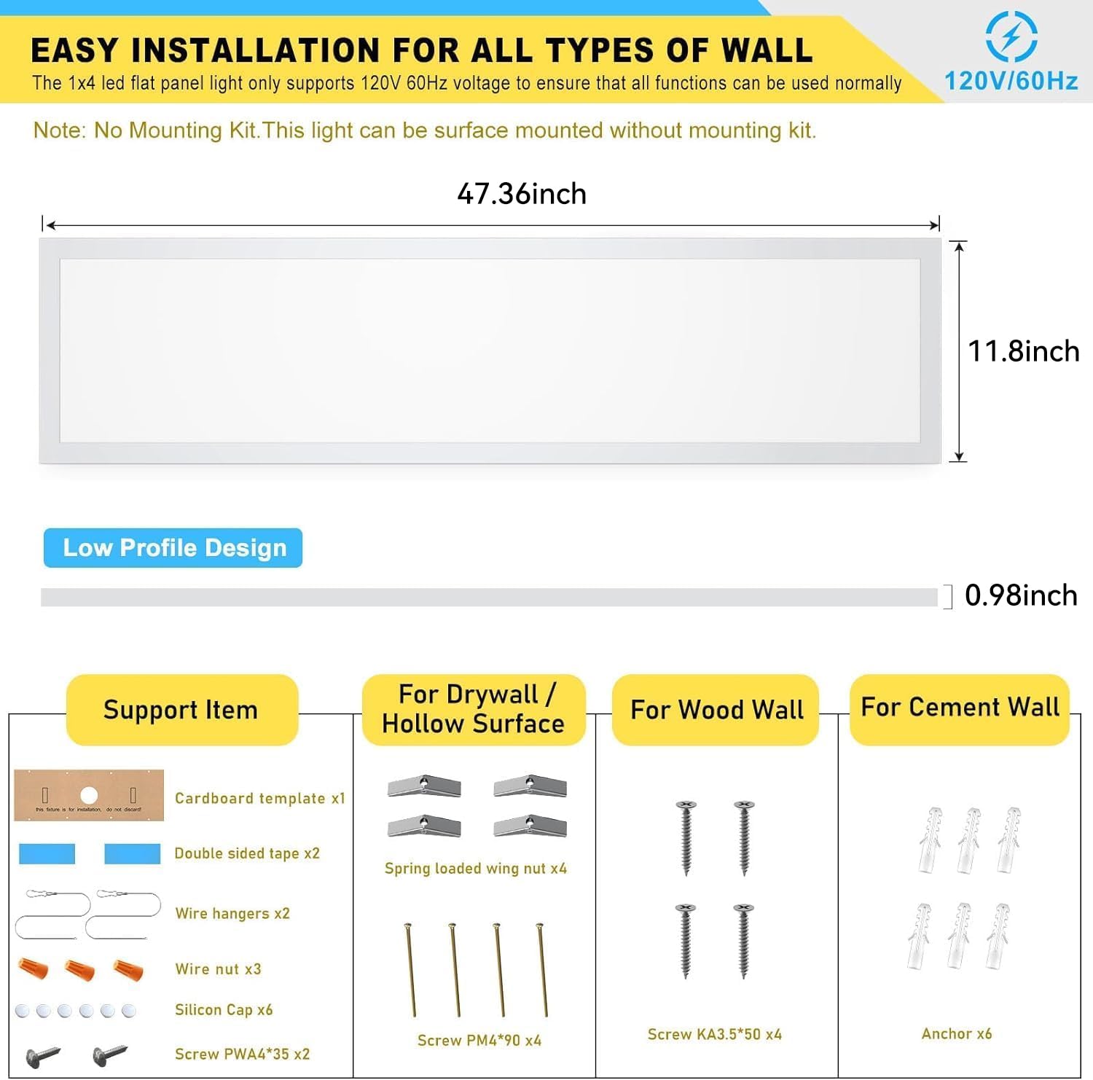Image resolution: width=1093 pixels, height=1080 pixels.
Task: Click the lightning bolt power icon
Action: pos(1011,36)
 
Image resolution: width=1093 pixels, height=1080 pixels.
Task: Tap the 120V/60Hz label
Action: pos(1011,81)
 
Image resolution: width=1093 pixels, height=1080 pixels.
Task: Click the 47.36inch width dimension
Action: pos(522,194)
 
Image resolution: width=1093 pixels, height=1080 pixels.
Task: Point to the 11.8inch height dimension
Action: pos(1023,351)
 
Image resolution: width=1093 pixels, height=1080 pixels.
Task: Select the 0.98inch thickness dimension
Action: pos(1020,595)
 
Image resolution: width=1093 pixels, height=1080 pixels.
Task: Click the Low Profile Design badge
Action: pos(173,548)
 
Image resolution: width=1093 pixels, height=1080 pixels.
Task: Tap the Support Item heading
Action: pos(181,710)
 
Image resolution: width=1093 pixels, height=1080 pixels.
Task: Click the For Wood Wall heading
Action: pos(716,710)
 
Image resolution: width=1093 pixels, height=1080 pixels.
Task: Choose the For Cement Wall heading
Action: pos(960,708)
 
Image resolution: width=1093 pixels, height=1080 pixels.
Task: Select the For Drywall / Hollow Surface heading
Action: pos(474,709)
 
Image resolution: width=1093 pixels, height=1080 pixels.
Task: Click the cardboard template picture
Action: pos(89,795)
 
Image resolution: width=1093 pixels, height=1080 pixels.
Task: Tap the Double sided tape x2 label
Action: pos(247,853)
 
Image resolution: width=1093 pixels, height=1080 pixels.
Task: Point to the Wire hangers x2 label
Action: pos(232,913)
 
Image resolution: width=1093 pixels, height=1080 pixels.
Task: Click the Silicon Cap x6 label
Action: pos(224,1009)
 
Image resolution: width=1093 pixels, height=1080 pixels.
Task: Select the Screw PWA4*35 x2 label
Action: pos(242,1054)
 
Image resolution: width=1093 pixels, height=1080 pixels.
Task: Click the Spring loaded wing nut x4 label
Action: pos(475,868)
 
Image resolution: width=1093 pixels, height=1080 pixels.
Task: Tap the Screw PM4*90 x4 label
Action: pos(479,1041)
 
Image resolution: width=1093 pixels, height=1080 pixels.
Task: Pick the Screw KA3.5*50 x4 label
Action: pos(714,1034)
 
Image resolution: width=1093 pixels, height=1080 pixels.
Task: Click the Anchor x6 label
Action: pos(956,1033)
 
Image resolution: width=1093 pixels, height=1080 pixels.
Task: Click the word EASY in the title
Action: pos(74,50)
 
